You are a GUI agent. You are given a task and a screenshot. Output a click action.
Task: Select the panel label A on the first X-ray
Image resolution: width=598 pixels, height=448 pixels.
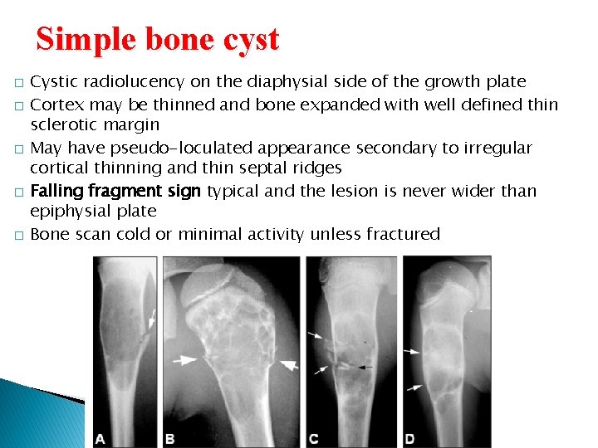point(100,438)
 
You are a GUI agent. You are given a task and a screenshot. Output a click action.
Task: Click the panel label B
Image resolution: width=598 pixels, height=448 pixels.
point(169,438)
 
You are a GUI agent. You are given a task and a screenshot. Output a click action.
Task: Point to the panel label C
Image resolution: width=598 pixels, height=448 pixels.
point(313,438)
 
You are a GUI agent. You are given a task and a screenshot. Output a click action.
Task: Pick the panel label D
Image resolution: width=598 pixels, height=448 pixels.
point(409,438)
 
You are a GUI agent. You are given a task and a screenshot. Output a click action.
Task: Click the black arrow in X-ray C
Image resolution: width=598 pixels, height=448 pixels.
point(364,365)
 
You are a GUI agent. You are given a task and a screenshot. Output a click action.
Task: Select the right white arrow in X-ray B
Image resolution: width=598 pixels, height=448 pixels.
point(287,363)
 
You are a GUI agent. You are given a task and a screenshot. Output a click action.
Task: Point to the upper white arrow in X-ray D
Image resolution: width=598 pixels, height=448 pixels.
point(413,352)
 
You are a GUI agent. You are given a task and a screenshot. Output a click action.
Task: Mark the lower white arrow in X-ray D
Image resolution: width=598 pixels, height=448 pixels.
point(413,387)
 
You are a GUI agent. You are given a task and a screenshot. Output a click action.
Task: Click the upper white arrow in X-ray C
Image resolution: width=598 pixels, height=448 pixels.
point(316,336)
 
